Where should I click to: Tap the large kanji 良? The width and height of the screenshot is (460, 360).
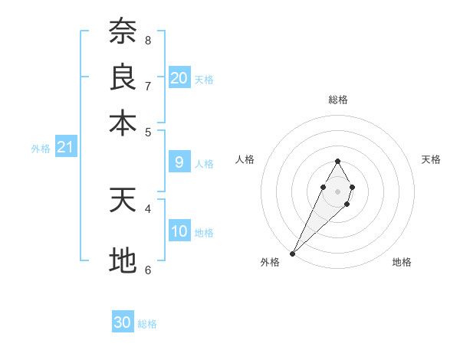(x=123, y=77)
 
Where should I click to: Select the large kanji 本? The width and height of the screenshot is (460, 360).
(x=123, y=123)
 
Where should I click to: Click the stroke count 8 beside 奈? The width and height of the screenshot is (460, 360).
(x=148, y=40)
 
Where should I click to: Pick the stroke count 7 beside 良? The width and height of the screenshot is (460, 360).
(x=148, y=85)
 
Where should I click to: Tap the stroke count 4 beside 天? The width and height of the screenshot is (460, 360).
(x=148, y=208)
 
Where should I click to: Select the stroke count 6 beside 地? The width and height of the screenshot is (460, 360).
(x=148, y=270)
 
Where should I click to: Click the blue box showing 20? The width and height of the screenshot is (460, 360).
(x=179, y=77)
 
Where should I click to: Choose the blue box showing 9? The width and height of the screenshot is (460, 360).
(x=179, y=162)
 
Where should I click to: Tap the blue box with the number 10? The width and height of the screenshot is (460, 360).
(x=179, y=231)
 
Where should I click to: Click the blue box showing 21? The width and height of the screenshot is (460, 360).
(x=65, y=147)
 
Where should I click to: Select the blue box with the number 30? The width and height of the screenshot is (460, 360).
(x=123, y=322)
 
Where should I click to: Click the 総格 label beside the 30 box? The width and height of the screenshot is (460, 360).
(x=147, y=324)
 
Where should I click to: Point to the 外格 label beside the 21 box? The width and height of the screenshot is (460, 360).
(x=41, y=149)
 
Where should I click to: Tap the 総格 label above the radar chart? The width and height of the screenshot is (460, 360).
(x=337, y=100)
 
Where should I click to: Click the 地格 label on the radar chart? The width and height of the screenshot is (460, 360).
(x=402, y=262)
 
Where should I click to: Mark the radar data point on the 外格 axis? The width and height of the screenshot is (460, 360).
(x=293, y=253)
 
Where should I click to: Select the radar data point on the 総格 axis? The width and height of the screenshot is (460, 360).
(x=337, y=161)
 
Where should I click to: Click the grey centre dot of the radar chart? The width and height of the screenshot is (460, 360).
(x=337, y=190)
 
